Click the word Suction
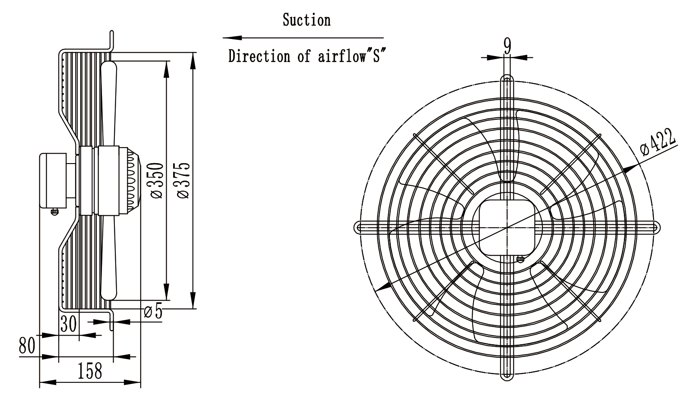coord(307,20)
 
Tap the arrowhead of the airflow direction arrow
coord(232,38)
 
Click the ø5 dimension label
coord(153,311)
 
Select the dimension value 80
coord(27,345)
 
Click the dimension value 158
coord(90,371)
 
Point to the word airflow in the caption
coord(340,57)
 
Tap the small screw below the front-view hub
coord(520,259)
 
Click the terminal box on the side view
coord(53,181)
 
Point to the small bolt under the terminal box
coord(54,212)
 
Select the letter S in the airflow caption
coord(376,57)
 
